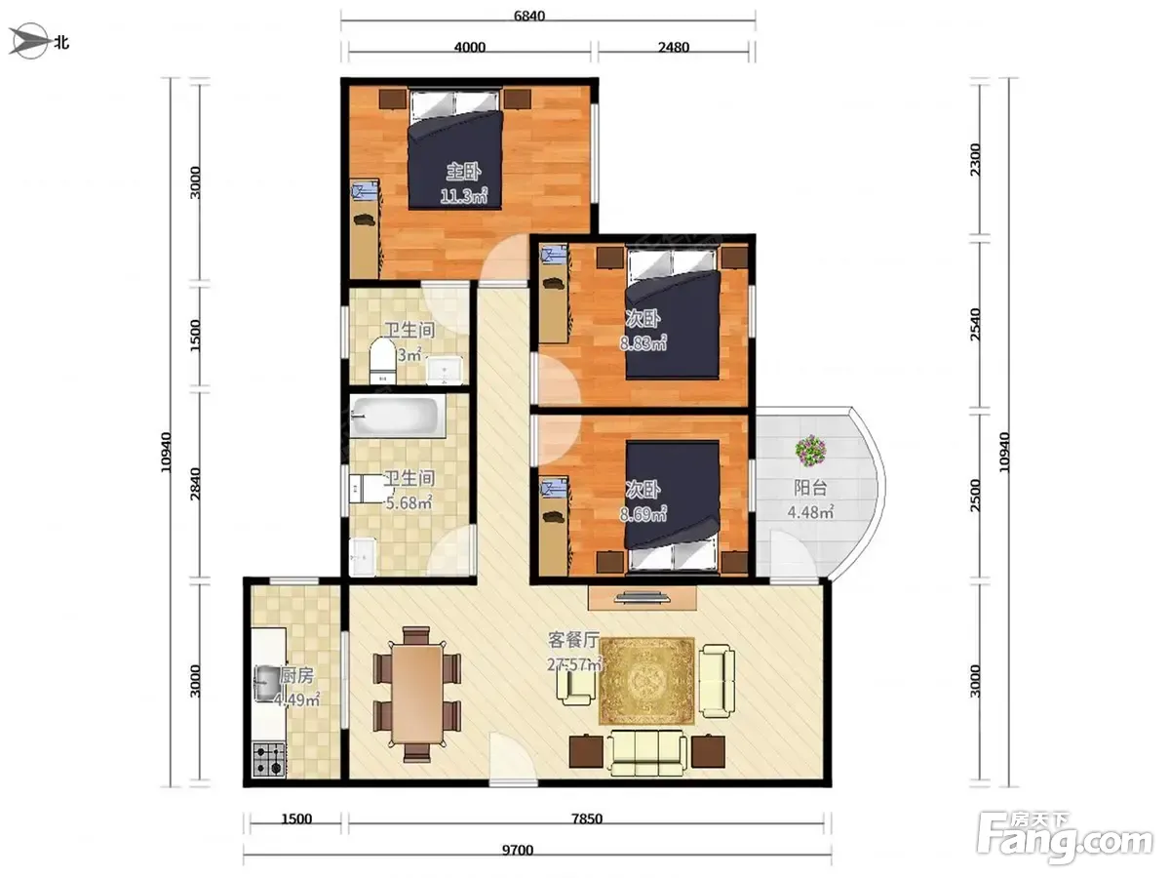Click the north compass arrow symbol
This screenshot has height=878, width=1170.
[29, 41]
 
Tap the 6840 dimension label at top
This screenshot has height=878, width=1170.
[528, 16]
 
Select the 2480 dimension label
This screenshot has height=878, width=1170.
[673, 48]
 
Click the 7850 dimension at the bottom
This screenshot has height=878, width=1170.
[587, 818]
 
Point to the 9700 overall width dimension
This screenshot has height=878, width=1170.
[518, 850]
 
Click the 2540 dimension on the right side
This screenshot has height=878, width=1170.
[975, 324]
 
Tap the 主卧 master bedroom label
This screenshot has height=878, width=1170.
[463, 172]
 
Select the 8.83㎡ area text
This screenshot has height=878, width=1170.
[643, 342]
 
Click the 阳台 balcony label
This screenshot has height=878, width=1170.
[810, 487]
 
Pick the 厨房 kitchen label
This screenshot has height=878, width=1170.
[297, 676]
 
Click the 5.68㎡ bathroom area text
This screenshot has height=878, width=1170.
[409, 502]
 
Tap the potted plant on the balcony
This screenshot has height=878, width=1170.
[811, 451]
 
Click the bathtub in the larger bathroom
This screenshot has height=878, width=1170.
[397, 417]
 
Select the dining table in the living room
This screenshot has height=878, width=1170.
[417, 694]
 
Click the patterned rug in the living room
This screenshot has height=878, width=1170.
[646, 681]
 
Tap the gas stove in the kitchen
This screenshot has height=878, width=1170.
[269, 760]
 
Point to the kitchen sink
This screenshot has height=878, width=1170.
[268, 684]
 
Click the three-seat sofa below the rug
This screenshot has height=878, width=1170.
[647, 753]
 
